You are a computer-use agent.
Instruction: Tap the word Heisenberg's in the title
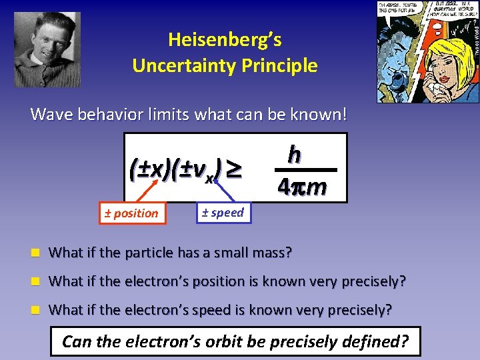pyautogui.click(x=225, y=40)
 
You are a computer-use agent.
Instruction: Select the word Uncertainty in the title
pyautogui.click(x=190, y=66)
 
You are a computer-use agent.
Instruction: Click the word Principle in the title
pyautogui.click(x=284, y=66)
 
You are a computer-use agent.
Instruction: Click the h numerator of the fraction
pyautogui.click(x=293, y=154)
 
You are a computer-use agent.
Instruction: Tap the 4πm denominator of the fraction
pyautogui.click(x=302, y=187)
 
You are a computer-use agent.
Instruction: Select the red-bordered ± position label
pyautogui.click(x=131, y=213)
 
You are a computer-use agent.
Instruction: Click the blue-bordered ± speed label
pyautogui.click(x=222, y=213)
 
